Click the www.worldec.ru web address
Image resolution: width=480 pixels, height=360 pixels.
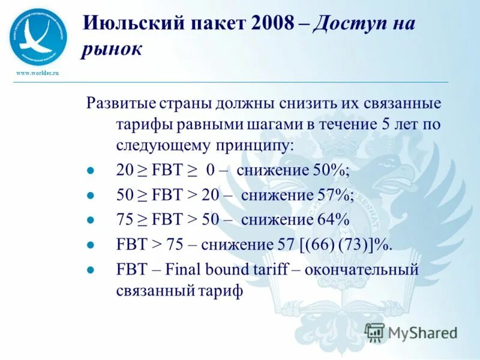36,72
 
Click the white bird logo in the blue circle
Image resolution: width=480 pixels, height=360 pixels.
38,36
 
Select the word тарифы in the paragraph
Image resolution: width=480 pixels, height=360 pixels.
138,124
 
